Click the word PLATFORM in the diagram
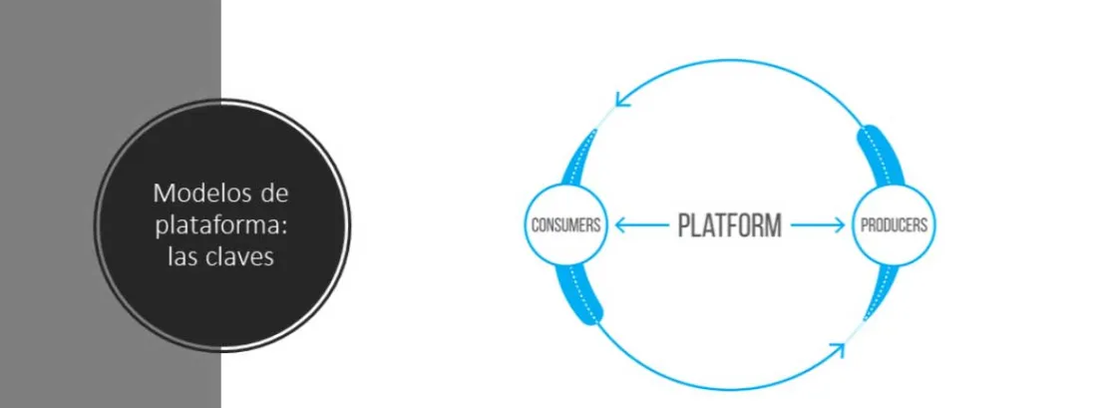pyautogui.click(x=729, y=224)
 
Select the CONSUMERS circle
pyautogui.click(x=565, y=224)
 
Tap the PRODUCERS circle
pyautogui.click(x=893, y=224)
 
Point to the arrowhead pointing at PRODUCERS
pyautogui.click(x=840, y=224)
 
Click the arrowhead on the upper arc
pyautogui.click(x=621, y=98)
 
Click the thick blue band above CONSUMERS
pyautogui.click(x=579, y=160)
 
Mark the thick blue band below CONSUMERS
pyautogui.click(x=581, y=292)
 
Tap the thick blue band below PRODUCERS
pyautogui.click(x=878, y=291)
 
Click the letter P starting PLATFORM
pyautogui.click(x=685, y=224)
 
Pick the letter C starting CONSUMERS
pyautogui.click(x=535, y=224)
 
